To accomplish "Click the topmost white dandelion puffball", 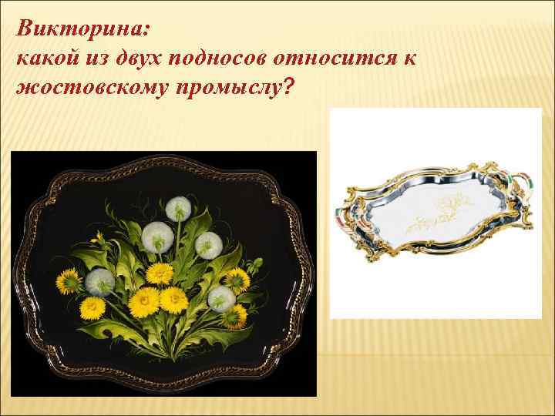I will pyautogui.click(x=178, y=207).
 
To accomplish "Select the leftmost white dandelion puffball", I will pyautogui.click(x=99, y=283).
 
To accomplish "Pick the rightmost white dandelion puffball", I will pyautogui.click(x=222, y=297).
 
